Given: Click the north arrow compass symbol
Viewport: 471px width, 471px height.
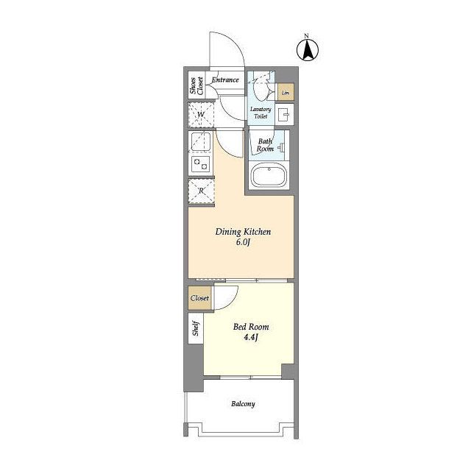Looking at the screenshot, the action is point(308,50).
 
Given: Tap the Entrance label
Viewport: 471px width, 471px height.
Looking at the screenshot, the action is point(225,80).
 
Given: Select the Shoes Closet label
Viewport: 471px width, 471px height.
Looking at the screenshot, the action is point(196,85).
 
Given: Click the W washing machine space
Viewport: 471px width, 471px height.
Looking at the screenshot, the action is point(201,115).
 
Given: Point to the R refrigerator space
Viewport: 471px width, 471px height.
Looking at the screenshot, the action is point(201,191).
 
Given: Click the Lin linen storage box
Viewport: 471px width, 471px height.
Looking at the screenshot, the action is point(286,92).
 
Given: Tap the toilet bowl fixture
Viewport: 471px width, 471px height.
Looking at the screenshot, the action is point(261,88).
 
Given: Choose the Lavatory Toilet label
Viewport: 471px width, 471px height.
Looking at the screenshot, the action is point(261,113).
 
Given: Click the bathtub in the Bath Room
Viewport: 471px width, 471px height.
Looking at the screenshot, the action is point(269,175).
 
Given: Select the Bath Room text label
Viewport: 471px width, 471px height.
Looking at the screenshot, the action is point(265,145).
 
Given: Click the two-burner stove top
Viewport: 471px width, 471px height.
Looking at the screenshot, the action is point(201,164).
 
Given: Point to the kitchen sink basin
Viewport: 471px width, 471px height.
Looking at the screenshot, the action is point(201,141).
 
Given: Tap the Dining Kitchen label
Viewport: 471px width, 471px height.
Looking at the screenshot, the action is point(244,232).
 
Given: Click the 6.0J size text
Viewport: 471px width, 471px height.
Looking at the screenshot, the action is point(243,242).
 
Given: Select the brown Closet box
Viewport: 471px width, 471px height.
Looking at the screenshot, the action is point(199,298).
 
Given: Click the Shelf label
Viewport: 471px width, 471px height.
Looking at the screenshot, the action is point(196,328).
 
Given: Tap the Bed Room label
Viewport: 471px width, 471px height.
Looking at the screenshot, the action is point(251,327).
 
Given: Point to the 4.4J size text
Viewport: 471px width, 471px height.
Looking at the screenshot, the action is point(251,337).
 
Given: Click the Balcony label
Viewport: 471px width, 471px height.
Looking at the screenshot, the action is point(243,404).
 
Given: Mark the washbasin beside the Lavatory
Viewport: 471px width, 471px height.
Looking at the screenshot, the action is point(284,114).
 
